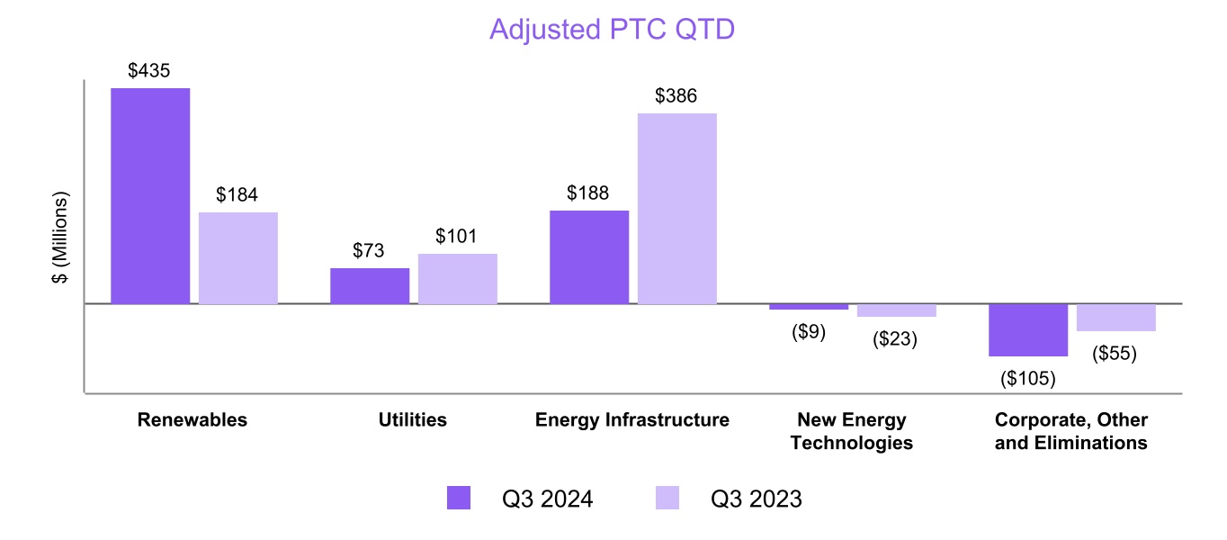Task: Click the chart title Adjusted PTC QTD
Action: tap(612, 29)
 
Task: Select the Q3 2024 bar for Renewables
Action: tap(150, 196)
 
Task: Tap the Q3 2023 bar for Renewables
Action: tap(238, 258)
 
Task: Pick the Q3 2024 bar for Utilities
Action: tap(370, 286)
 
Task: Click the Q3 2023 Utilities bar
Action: tap(458, 279)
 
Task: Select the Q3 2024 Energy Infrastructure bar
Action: tap(589, 257)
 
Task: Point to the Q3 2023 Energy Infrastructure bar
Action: tap(677, 209)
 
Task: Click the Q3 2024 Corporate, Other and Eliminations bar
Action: tap(1028, 330)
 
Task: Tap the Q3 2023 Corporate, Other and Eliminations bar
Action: tap(1116, 318)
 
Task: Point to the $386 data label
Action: tap(676, 96)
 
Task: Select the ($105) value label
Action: tap(1028, 379)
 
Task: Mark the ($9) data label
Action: tap(809, 332)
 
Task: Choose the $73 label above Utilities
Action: tap(369, 251)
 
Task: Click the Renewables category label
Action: tap(193, 420)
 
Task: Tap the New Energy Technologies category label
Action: tap(852, 431)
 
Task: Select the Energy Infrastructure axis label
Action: tap(632, 420)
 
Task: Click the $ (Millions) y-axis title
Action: tap(60, 238)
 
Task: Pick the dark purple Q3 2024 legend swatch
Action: tap(459, 498)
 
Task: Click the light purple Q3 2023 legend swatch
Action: tap(667, 498)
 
